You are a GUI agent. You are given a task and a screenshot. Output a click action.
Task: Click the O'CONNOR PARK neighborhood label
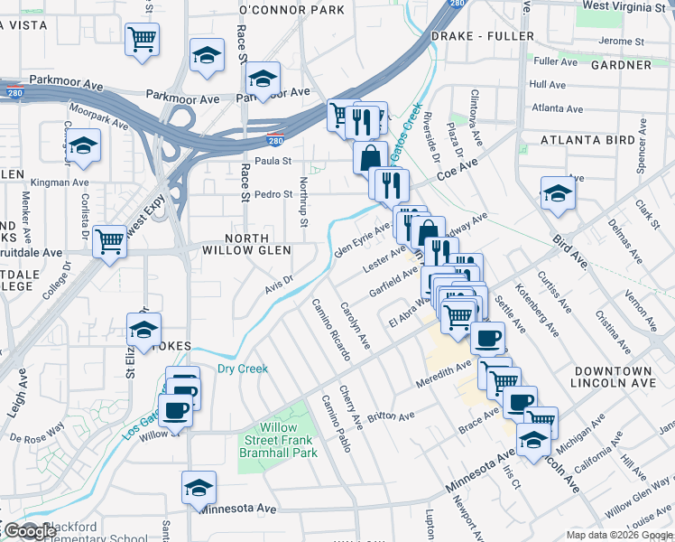point(291,10)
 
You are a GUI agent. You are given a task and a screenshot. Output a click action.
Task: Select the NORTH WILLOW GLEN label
point(246,244)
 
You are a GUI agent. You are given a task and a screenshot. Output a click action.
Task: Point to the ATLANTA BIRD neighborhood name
point(588,140)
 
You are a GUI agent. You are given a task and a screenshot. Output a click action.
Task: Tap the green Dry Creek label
point(243,369)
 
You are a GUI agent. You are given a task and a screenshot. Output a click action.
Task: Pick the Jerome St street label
point(621,42)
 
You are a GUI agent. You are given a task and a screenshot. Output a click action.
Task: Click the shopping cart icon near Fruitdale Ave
point(109,241)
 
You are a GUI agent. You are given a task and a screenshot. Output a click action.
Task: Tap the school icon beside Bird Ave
point(558,193)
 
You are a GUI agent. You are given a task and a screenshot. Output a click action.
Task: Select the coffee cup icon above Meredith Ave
point(487,338)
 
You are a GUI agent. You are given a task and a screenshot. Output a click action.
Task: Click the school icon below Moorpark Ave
point(83,145)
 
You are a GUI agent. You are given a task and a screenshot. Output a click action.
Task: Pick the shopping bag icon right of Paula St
point(370,158)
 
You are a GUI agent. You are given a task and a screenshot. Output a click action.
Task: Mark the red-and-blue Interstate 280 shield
point(273,140)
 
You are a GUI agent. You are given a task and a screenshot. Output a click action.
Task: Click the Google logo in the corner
point(29,531)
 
